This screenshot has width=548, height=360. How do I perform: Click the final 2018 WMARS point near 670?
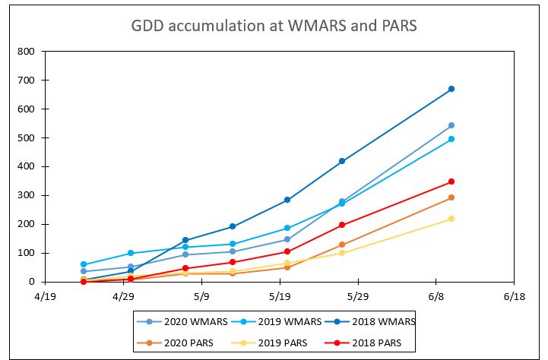[x=451, y=89]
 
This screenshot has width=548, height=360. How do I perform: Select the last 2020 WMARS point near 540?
[x=451, y=125]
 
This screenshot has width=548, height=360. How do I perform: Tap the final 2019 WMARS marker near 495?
[x=451, y=139]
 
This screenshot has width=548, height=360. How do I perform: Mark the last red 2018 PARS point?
[x=451, y=182]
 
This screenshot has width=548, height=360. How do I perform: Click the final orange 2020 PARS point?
[x=451, y=197]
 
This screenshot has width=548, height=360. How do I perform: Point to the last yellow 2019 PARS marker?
[x=451, y=219]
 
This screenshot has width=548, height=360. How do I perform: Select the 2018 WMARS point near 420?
[x=342, y=161]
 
